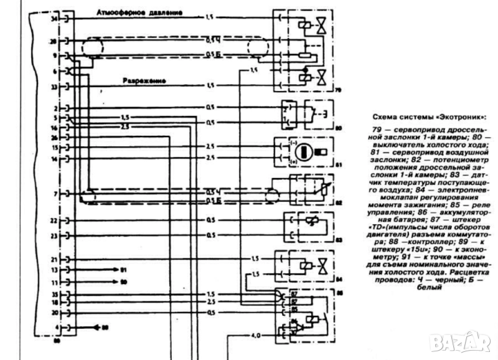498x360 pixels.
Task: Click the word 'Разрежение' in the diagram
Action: [144, 80]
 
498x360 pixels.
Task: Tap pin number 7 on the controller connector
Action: [56, 194]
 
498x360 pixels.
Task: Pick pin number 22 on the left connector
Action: [54, 220]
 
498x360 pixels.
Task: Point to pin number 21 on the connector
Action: [54, 258]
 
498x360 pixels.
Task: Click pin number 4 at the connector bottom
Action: [56, 326]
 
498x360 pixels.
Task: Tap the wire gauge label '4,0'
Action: [255, 336]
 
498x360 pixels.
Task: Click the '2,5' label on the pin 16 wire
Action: [125, 126]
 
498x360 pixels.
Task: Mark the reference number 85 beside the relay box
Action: [339, 292]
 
